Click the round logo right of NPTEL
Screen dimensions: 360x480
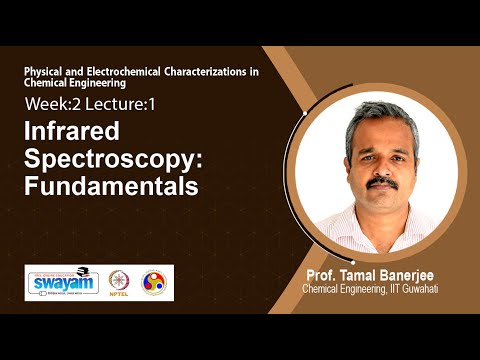155,283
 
